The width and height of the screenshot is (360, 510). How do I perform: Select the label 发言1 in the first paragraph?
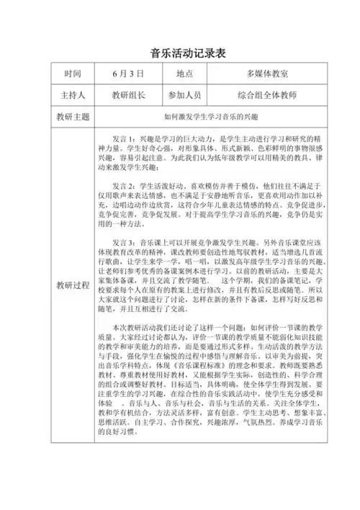[x=124, y=137]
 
